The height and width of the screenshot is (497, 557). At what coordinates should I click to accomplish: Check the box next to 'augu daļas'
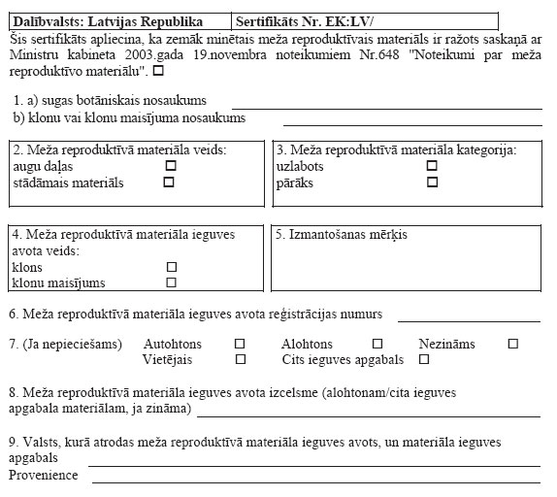tap(171, 166)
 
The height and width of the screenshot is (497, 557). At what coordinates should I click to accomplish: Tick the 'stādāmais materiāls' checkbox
tap(171, 182)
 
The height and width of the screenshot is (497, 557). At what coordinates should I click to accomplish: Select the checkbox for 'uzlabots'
tap(432, 166)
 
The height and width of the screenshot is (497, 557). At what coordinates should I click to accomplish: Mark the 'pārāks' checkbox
tap(432, 182)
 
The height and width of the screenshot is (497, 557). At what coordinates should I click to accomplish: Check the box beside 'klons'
tap(171, 266)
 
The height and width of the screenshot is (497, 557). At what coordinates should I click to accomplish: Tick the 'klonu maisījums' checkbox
tap(171, 282)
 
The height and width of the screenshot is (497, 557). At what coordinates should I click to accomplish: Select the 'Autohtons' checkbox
tap(240, 344)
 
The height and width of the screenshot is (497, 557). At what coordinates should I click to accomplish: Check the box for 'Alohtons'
tap(377, 344)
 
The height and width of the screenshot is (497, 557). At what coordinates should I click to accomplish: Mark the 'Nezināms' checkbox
tap(513, 344)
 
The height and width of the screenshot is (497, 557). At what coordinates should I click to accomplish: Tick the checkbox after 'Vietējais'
tap(240, 359)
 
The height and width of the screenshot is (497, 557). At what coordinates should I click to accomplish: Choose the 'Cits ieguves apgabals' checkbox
tap(423, 359)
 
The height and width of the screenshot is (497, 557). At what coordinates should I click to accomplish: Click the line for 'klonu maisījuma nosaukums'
tap(411, 124)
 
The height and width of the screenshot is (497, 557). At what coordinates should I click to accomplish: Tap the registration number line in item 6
tap(469, 319)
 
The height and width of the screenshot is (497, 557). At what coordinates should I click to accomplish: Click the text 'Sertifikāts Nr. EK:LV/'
tap(305, 19)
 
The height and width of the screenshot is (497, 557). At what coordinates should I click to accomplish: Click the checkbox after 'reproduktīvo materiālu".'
tap(158, 71)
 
